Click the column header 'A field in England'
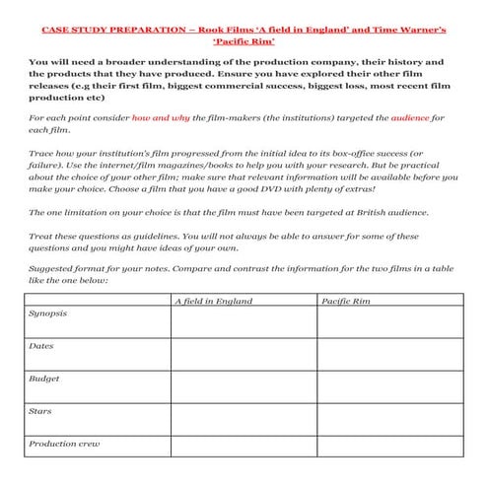[x=212, y=301]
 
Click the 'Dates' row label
[x=42, y=346]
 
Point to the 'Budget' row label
[x=44, y=379]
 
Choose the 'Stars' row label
[x=41, y=411]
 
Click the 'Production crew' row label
[x=62, y=444]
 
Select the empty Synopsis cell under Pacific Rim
[x=388, y=322]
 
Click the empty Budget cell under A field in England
[x=242, y=384]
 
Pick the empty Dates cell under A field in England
[x=242, y=352]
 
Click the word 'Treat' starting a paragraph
[x=41, y=236]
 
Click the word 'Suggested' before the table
[x=50, y=270]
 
